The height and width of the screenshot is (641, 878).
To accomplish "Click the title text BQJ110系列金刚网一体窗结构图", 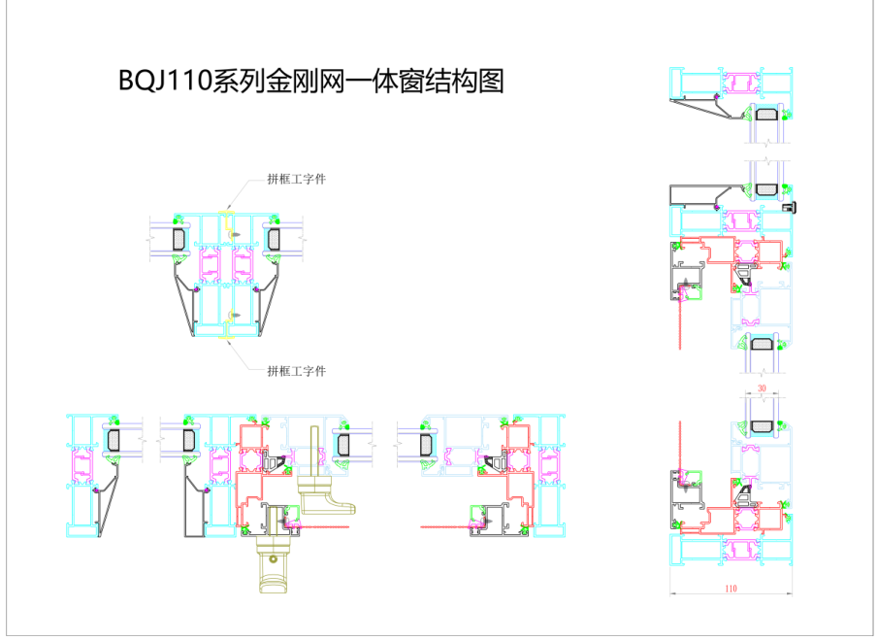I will tap(310, 81).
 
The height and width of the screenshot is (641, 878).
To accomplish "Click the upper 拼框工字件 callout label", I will tap(296, 180).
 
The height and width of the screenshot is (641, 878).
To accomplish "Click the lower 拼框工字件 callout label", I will tap(296, 370).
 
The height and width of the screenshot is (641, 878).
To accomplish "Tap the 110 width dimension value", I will tap(730, 589).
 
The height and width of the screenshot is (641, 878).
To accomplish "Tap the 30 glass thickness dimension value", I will tap(763, 388).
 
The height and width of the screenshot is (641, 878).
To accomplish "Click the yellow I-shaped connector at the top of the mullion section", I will tap(227, 217).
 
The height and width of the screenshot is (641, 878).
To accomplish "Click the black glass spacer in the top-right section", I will tap(766, 114).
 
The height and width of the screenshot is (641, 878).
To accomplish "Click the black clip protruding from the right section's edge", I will tap(796, 206).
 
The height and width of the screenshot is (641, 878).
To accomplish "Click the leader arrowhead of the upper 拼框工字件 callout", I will tap(229, 205).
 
